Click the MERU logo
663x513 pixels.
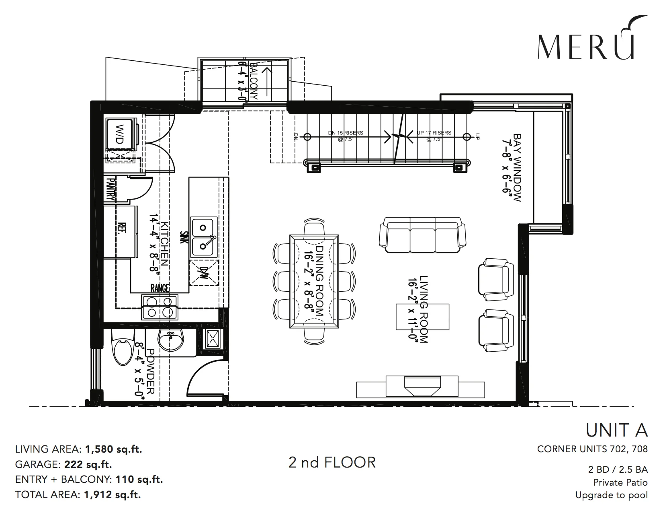point(591,38)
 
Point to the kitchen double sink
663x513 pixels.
point(204,237)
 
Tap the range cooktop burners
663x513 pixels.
point(160,307)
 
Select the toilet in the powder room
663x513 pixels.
point(123,347)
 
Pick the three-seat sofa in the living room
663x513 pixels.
point(423,235)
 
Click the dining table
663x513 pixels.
point(314,281)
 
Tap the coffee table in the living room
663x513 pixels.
point(423,317)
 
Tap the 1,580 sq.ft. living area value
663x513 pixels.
point(113,449)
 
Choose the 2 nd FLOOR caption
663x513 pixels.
point(332,463)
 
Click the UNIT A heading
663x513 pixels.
point(617,430)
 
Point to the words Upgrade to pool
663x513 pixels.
point(612,495)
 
